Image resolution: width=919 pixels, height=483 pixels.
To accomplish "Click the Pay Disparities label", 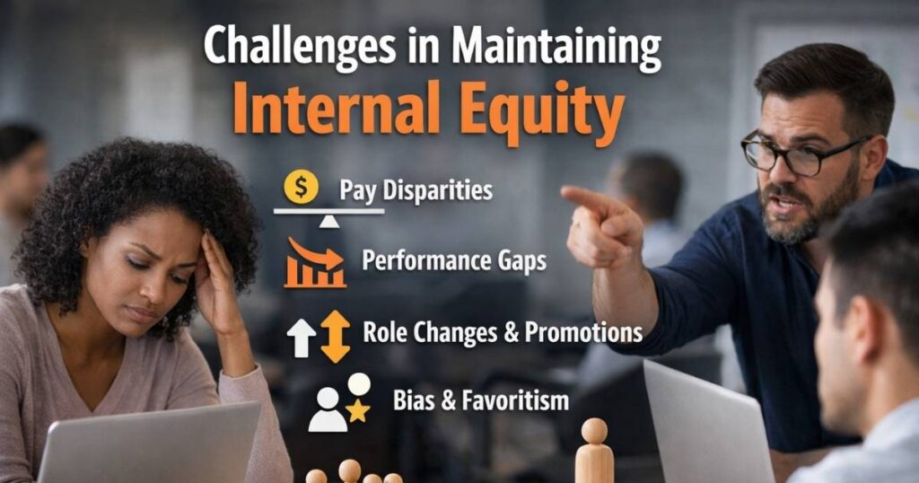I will (416, 190).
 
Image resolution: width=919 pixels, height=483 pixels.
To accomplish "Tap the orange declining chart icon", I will (314, 262).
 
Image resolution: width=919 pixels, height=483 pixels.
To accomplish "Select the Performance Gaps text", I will (453, 261).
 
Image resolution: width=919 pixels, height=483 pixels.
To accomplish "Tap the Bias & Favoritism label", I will (480, 400).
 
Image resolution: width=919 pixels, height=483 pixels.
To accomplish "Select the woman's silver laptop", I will (148, 444).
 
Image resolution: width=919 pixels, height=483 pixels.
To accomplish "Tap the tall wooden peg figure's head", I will (594, 431).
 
